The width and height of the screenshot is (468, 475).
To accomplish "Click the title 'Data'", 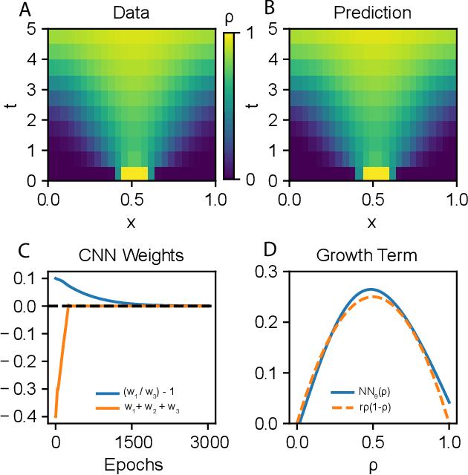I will coord(131,13).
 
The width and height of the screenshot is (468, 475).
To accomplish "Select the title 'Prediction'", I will coord(371,13).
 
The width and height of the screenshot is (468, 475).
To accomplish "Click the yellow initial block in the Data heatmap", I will coord(134,173).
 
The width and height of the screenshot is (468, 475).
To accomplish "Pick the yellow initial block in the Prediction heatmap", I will coord(375,173).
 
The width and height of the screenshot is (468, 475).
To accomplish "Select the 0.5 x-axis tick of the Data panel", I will coord(131,198).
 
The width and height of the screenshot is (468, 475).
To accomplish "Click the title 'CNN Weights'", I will coord(131,256).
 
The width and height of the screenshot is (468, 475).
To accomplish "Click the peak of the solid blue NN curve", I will coord(371,289).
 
